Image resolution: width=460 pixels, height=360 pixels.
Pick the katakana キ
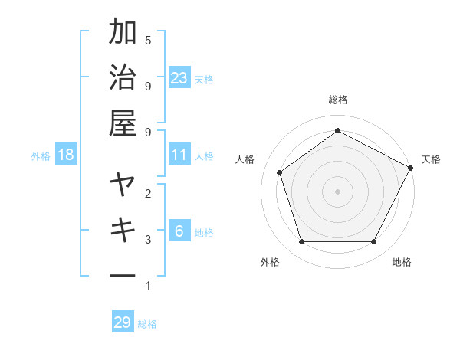(123, 230)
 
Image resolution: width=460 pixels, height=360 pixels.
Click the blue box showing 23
(179, 78)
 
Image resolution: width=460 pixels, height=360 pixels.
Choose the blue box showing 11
(179, 155)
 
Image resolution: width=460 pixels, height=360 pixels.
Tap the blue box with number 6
(179, 231)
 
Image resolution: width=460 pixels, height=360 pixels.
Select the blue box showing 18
(66, 155)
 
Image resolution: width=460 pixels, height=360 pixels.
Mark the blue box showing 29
(123, 322)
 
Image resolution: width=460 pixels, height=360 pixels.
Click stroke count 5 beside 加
(148, 40)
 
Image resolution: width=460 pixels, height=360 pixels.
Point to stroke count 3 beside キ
(148, 240)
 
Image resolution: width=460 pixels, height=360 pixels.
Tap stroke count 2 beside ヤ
(148, 194)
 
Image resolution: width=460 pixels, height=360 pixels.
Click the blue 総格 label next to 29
(148, 324)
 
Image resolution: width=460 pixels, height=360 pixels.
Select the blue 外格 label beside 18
(41, 156)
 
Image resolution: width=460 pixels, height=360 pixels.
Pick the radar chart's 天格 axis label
(431, 159)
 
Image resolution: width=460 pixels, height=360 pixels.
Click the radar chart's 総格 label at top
(337, 100)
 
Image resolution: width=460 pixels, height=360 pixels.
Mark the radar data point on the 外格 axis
(301, 242)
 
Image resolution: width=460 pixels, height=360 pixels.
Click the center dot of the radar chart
(337, 191)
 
